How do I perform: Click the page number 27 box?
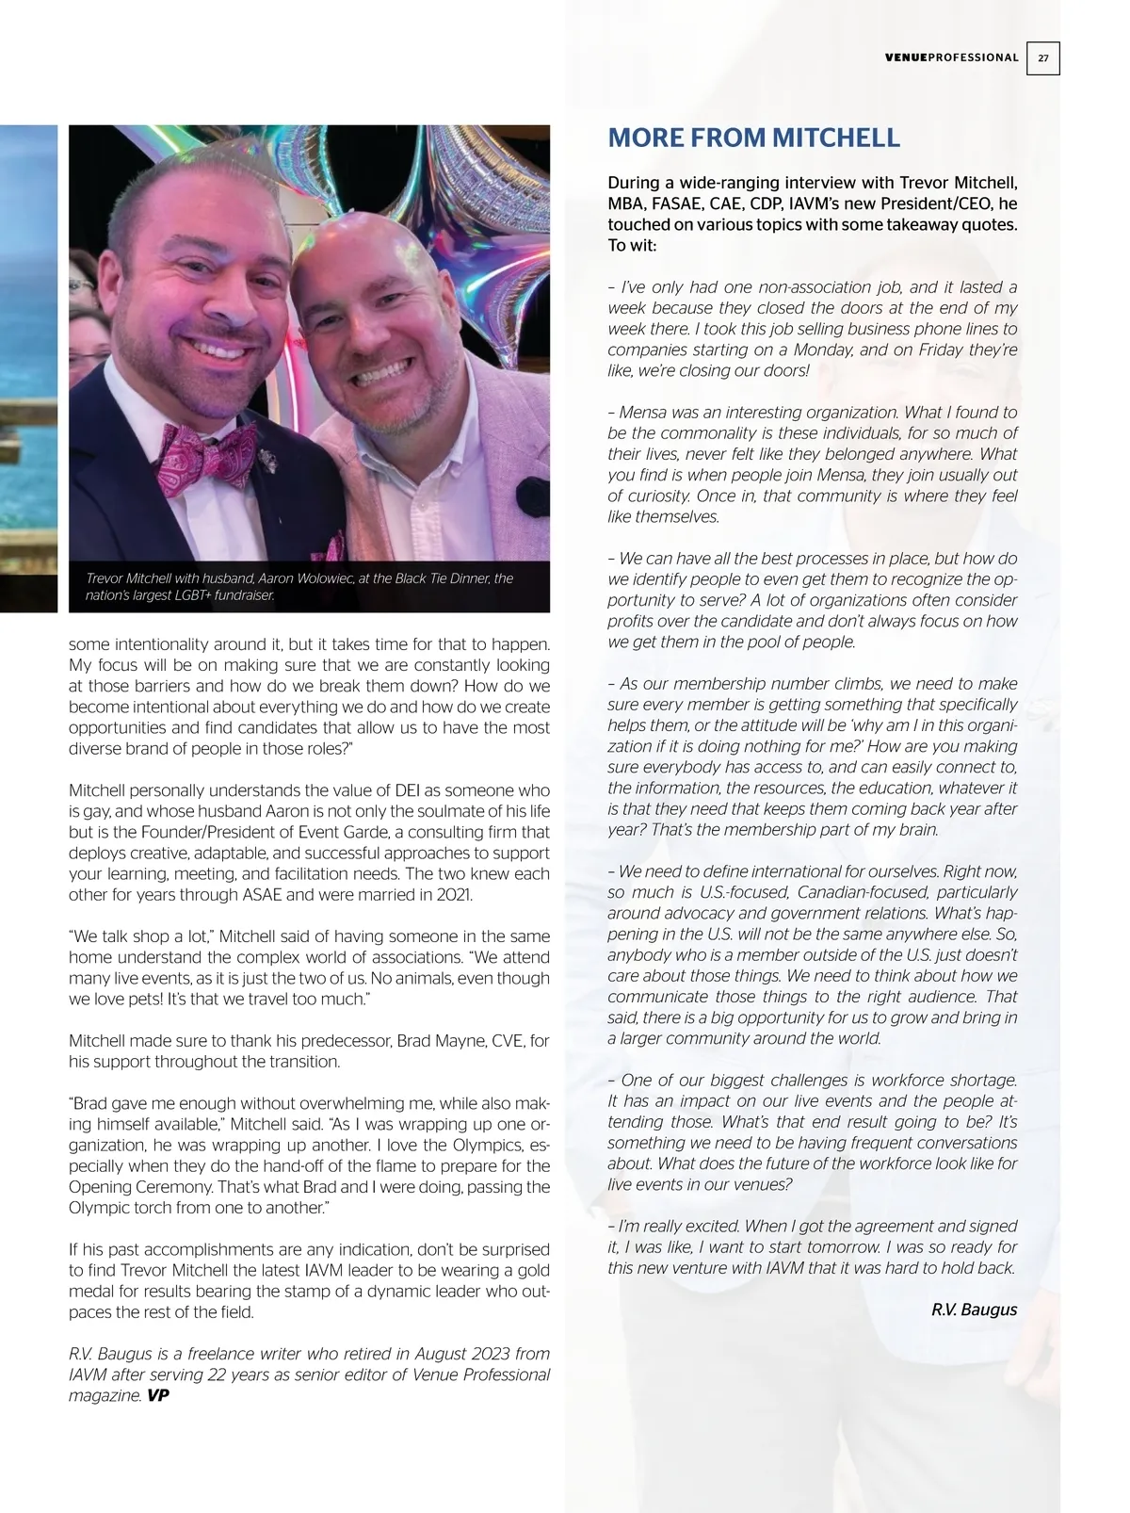point(1042,57)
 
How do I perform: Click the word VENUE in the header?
point(906,57)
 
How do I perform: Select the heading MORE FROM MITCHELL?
point(753,138)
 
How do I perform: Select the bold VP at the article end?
point(158,1395)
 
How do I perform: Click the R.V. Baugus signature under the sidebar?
point(974,1310)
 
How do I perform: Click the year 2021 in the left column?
point(454,894)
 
